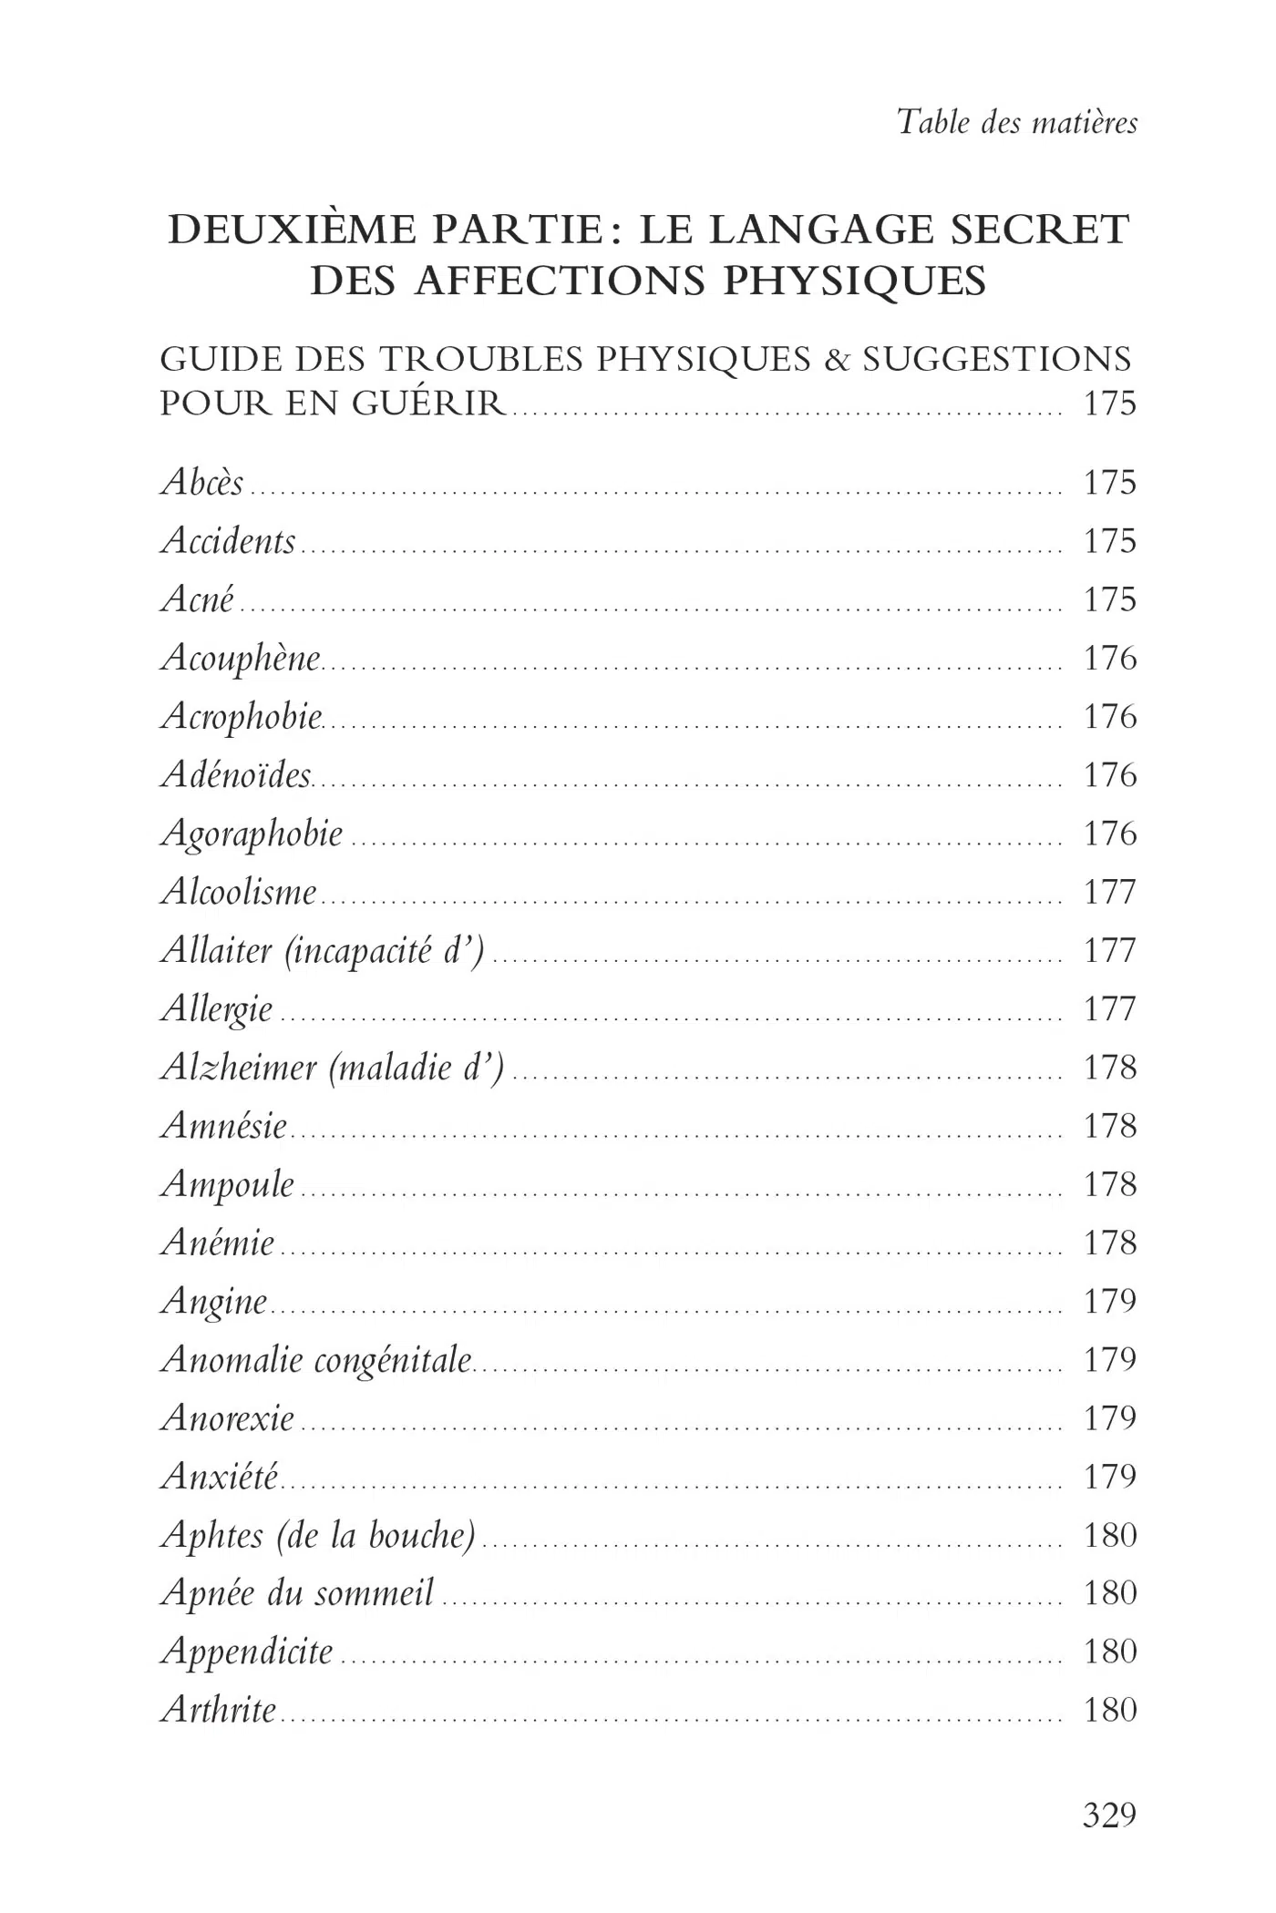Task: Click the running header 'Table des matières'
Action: (x=1017, y=122)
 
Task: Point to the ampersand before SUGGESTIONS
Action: (x=836, y=360)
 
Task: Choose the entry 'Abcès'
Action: (x=202, y=482)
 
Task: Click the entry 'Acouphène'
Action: (x=241, y=659)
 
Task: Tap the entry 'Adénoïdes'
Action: (x=236, y=775)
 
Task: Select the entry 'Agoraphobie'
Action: (x=252, y=834)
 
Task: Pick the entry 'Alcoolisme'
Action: (x=239, y=892)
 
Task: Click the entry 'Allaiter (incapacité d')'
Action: (x=323, y=951)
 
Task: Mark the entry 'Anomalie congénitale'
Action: (x=316, y=1360)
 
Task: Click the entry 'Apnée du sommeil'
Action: (x=297, y=1593)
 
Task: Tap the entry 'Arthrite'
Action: (x=219, y=1710)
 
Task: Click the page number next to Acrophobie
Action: (x=1109, y=717)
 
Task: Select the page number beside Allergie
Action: (x=1109, y=1009)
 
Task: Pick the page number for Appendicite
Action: (x=1109, y=1652)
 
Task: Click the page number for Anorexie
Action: (x=1109, y=1418)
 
